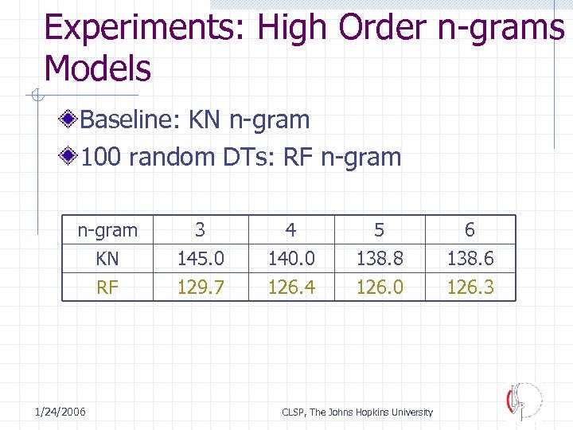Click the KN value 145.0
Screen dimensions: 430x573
201,259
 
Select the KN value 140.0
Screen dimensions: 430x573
291,259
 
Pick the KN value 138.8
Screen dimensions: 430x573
380,259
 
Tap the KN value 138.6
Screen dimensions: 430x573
470,259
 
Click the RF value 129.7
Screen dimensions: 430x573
201,287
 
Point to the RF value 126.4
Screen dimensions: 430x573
291,287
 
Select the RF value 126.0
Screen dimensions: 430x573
380,287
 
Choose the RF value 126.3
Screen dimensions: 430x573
470,287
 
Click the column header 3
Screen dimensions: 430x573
201,230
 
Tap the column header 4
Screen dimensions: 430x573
291,230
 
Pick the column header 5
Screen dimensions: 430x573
380,230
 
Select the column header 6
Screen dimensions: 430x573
470,230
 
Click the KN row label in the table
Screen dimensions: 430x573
107,259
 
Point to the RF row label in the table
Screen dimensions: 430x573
107,287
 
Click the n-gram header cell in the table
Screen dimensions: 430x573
107,231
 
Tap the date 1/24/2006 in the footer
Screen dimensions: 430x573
60,411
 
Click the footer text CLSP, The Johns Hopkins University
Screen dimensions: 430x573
357,412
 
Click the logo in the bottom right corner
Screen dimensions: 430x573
524,401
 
